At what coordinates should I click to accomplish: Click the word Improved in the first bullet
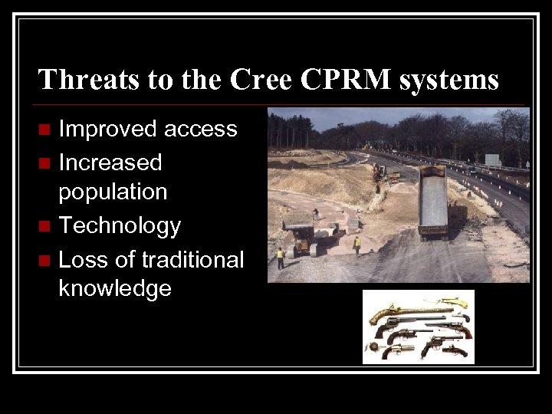[x=108, y=129]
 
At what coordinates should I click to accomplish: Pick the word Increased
[x=110, y=162]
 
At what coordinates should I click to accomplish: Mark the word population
[x=113, y=192]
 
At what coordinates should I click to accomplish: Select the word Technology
[x=120, y=225]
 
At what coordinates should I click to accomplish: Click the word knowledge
[x=115, y=289]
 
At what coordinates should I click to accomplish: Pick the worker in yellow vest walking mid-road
[x=356, y=245]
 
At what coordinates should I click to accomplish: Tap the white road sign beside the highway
[x=492, y=159]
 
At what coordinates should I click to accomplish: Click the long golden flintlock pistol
[x=399, y=310]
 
